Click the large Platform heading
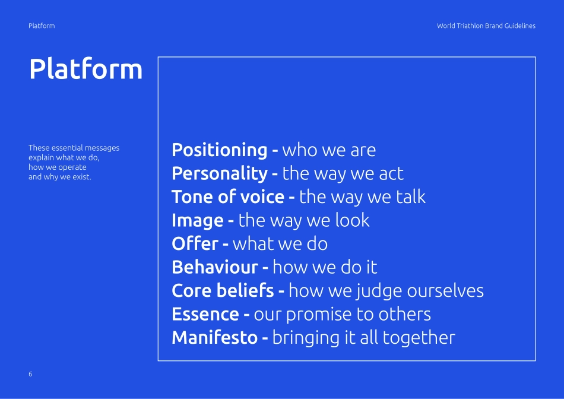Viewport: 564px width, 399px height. tap(85, 68)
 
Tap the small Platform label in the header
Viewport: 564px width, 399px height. tap(42, 26)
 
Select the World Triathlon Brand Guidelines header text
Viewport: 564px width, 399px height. tap(486, 26)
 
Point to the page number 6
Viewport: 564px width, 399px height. tap(30, 374)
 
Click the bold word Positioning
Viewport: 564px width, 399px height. tap(220, 150)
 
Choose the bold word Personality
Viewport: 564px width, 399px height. tap(220, 173)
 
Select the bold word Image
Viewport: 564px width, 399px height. tap(198, 220)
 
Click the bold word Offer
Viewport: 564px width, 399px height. tap(195, 243)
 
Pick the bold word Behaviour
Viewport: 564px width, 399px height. tap(215, 267)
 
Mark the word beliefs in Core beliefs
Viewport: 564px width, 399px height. tap(245, 290)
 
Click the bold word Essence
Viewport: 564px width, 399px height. tap(205, 314)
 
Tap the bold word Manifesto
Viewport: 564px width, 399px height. tap(215, 337)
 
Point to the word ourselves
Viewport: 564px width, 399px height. tap(445, 291)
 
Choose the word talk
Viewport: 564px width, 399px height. tap(411, 197)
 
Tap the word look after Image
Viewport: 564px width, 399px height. tap(352, 220)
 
